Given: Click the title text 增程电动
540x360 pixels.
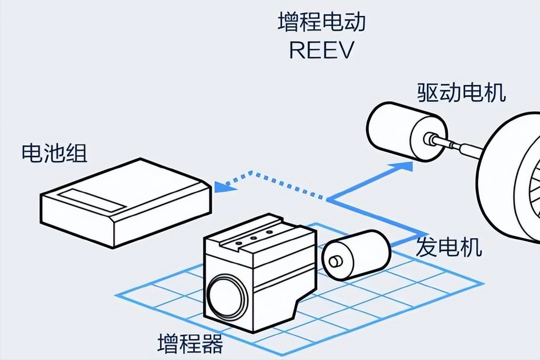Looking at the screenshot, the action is [321, 23].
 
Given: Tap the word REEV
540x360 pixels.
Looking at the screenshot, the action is [321, 50].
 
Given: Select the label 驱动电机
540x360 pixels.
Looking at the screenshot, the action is [461, 93].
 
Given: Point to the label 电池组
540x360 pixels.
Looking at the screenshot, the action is [55, 153].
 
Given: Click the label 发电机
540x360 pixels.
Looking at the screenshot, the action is [449, 247].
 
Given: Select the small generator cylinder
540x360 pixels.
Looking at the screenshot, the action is [356, 255].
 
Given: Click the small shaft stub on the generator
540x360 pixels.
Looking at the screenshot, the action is [334, 261].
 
